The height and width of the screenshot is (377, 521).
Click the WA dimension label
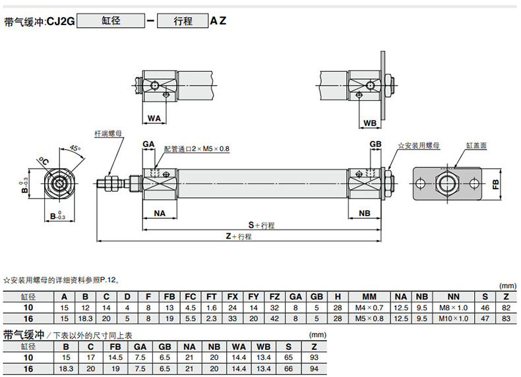tap(154, 118)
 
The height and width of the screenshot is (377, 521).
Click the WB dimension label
tap(370, 123)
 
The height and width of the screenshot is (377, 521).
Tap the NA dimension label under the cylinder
tap(160, 214)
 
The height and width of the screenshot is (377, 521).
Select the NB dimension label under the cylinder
tap(365, 214)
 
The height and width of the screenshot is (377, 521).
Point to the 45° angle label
tap(75, 148)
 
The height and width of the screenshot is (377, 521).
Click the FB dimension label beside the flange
tap(496, 185)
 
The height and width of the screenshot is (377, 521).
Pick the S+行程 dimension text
tap(262, 225)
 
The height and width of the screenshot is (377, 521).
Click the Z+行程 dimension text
tap(239, 236)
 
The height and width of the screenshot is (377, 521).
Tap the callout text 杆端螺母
tap(108, 134)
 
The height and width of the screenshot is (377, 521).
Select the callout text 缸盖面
tap(476, 146)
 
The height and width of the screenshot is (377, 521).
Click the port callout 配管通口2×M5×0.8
tap(197, 149)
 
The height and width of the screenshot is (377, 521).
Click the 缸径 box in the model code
tap(111, 21)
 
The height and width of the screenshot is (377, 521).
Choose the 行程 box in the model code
tap(183, 21)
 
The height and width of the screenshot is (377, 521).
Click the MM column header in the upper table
tap(369, 297)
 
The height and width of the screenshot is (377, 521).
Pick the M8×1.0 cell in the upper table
tap(454, 308)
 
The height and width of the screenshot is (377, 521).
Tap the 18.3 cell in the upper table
tap(85, 318)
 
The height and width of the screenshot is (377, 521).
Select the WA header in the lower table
tap(239, 347)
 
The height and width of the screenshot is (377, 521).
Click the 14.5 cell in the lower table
tap(115, 357)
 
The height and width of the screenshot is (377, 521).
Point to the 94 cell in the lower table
tap(314, 368)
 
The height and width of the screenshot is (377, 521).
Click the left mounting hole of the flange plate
tap(421, 183)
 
